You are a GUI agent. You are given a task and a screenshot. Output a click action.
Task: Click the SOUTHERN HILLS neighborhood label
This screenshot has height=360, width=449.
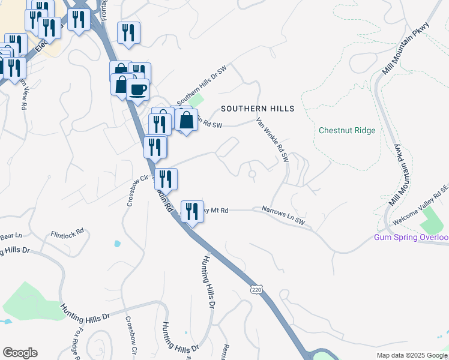click(258, 109)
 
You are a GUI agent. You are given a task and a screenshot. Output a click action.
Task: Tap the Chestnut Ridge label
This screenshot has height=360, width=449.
click(347, 130)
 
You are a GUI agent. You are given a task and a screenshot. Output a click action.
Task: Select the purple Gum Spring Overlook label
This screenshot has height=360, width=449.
click(411, 238)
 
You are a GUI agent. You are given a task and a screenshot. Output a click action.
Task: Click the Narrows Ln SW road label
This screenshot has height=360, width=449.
click(283, 217)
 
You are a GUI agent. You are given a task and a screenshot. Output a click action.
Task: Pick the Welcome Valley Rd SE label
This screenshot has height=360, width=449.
click(421, 206)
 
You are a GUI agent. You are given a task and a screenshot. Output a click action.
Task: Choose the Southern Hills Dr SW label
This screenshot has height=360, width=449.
click(200, 86)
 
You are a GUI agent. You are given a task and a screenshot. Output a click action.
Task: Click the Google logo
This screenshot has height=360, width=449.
click(20, 353)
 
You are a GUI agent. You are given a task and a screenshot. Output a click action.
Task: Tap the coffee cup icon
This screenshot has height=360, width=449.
click(138, 89)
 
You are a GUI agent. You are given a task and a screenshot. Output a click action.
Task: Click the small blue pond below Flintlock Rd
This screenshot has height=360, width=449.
click(116, 244)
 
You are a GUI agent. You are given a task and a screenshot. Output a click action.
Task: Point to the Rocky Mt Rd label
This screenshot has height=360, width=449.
click(217, 210)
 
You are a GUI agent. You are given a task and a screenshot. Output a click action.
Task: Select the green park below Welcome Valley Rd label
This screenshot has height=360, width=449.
click(432, 223)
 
